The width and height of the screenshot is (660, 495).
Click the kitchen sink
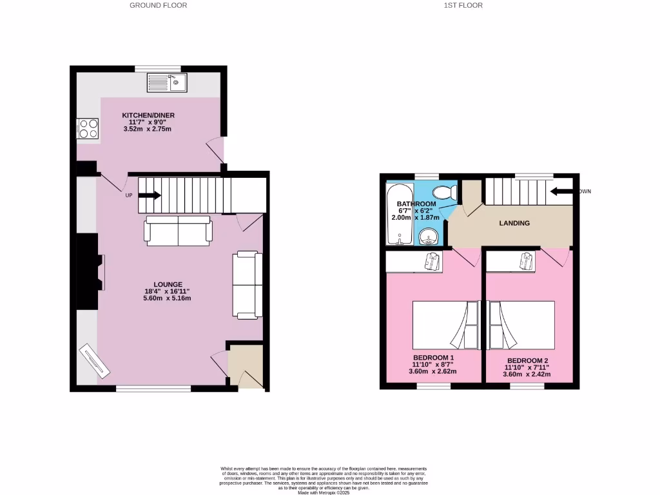pos(166,82)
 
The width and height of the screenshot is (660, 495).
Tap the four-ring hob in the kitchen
pos(88,129)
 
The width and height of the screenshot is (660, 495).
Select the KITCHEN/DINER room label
pos(148,115)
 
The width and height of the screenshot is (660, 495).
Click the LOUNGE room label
pos(168,284)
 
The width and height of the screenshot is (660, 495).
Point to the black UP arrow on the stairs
pos(150,196)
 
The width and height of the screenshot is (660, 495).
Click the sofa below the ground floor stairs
pos(179,231)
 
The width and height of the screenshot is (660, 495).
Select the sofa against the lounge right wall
pos(247,285)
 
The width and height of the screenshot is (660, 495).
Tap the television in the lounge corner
pos(93,358)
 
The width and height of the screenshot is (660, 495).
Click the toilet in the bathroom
pos(444,191)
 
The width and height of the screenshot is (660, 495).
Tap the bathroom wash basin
pos(427,237)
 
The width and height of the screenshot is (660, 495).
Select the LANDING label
pos(514,224)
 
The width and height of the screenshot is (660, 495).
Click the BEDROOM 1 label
pos(434,358)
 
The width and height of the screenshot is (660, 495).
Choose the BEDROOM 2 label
pos(528,360)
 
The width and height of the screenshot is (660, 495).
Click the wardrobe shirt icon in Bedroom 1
pos(432,261)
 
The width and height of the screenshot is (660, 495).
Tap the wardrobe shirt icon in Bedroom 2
pos(528,261)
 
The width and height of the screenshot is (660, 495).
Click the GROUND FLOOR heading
pos(159,5)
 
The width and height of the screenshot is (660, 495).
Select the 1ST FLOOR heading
pos(463,5)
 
